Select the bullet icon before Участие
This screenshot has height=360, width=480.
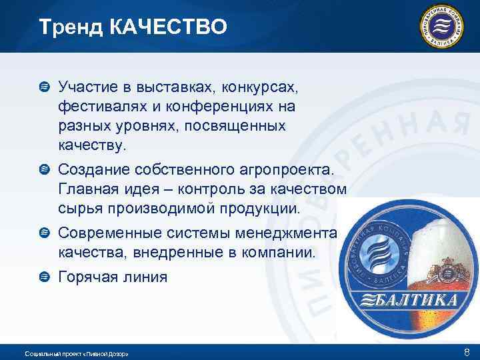point(43,87)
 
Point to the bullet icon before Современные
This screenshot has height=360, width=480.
point(43,232)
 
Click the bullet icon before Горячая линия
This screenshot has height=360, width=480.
point(43,275)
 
